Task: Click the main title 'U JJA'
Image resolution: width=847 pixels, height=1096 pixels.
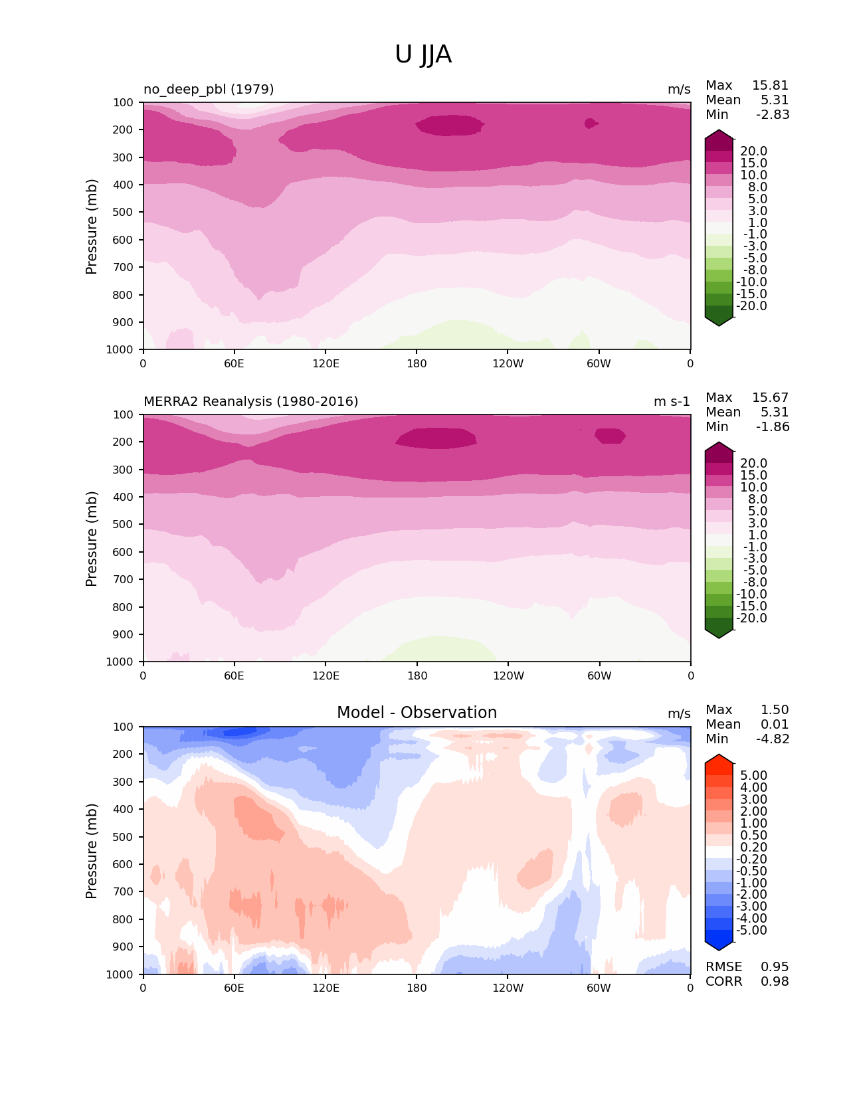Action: pyautogui.click(x=423, y=54)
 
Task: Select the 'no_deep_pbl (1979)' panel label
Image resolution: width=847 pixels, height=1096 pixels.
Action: pyautogui.click(x=209, y=89)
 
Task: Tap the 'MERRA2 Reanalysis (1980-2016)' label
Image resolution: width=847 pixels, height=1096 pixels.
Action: pyautogui.click(x=250, y=401)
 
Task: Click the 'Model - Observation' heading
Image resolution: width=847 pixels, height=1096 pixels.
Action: pyautogui.click(x=417, y=713)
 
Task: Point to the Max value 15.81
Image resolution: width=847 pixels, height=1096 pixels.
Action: pyautogui.click(x=770, y=86)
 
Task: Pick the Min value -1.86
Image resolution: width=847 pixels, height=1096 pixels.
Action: pyautogui.click(x=773, y=427)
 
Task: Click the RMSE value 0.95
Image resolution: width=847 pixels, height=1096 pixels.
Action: pyautogui.click(x=775, y=967)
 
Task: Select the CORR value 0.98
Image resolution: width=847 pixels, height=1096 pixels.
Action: pyautogui.click(x=775, y=982)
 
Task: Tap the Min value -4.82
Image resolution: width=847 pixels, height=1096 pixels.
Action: pyautogui.click(x=773, y=739)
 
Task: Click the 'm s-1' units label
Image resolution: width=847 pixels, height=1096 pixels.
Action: pyautogui.click(x=672, y=401)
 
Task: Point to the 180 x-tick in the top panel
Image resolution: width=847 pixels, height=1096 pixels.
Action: pyautogui.click(x=417, y=363)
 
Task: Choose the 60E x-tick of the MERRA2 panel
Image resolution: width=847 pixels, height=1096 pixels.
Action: pyautogui.click(x=234, y=676)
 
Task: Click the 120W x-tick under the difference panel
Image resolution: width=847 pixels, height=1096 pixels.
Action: pyautogui.click(x=508, y=988)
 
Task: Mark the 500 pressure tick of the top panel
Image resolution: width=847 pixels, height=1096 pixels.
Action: pyautogui.click(x=124, y=213)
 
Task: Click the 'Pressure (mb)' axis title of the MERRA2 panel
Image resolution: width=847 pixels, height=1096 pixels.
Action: pyautogui.click(x=92, y=538)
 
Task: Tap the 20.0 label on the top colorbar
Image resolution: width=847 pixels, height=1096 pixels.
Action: pyautogui.click(x=753, y=151)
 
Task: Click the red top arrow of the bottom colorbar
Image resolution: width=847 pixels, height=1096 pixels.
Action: pyautogui.click(x=719, y=759)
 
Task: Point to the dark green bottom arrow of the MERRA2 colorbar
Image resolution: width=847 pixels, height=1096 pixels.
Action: pyautogui.click(x=719, y=633)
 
